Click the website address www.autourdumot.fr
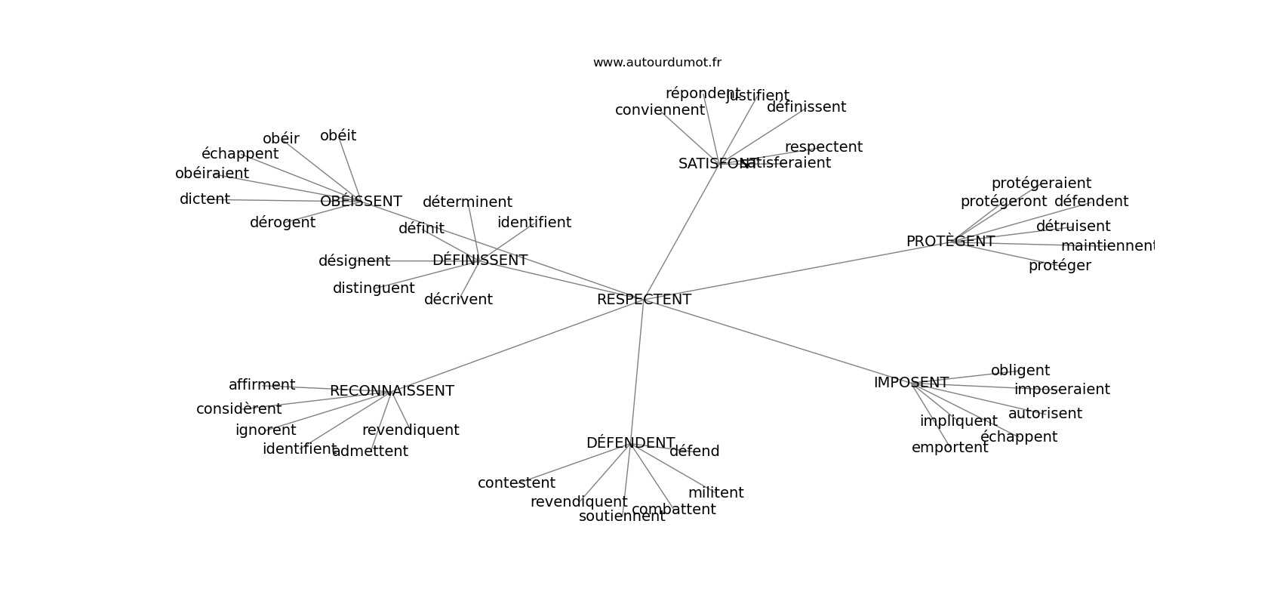(x=657, y=63)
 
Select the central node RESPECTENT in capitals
(x=644, y=300)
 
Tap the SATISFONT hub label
(x=709, y=164)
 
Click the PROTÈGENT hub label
(x=950, y=242)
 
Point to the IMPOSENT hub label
(x=911, y=383)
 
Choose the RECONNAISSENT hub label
(x=392, y=391)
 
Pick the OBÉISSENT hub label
(x=361, y=202)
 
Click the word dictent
(x=205, y=199)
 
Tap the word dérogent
(x=282, y=223)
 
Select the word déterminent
(x=467, y=202)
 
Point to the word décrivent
(x=458, y=300)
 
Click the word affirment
(x=262, y=385)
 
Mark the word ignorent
(x=266, y=430)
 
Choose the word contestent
(x=516, y=483)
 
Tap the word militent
(x=715, y=493)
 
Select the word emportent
(x=949, y=448)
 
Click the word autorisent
(x=1045, y=414)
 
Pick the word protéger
(x=1060, y=266)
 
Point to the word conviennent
(x=660, y=110)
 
